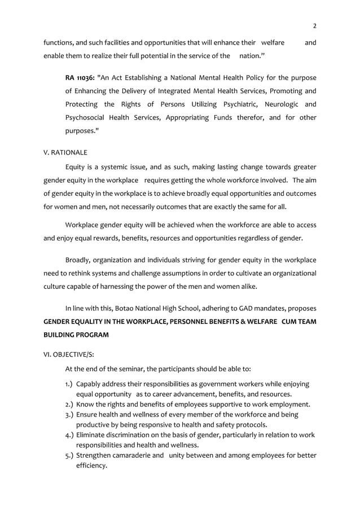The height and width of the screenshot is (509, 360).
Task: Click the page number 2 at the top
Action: (314, 25)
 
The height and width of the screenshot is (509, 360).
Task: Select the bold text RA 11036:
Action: (80, 77)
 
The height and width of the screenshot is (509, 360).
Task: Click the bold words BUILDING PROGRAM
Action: (77, 334)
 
